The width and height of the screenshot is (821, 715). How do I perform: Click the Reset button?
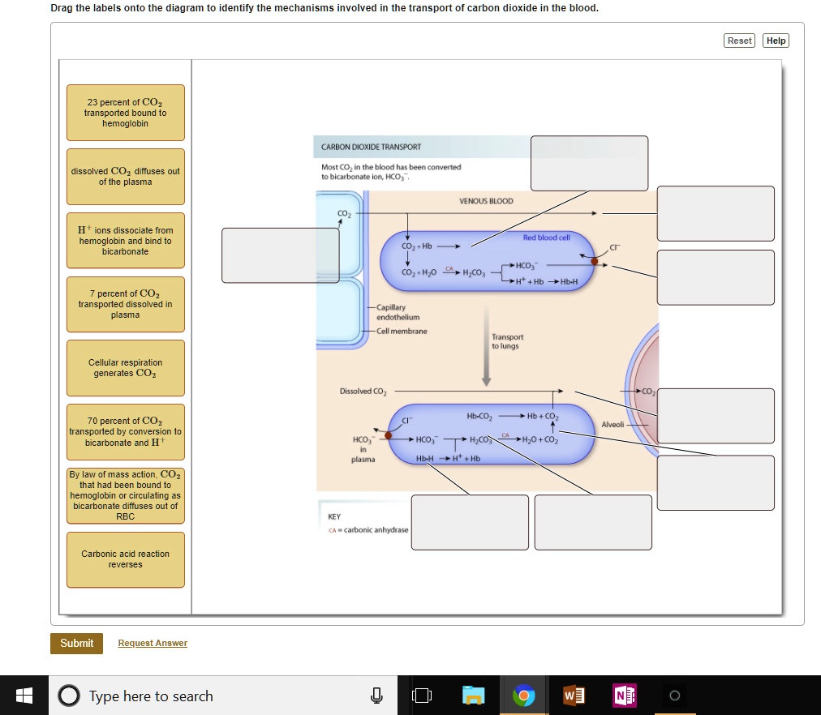point(739,41)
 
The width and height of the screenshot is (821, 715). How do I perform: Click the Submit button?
point(77,643)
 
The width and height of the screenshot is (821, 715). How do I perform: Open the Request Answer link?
point(153,643)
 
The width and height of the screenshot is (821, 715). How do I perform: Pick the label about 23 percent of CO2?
point(126,113)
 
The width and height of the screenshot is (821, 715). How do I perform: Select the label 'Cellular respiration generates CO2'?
point(126,368)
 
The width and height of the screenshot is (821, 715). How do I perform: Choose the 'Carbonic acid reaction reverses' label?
point(126,559)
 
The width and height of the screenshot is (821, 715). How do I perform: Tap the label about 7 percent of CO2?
point(126,304)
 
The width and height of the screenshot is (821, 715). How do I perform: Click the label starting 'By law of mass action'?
point(126,495)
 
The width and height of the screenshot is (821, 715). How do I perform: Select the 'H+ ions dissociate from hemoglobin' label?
point(126,241)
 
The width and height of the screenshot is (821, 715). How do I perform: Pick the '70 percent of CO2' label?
point(126,432)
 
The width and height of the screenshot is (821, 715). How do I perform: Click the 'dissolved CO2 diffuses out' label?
point(126,176)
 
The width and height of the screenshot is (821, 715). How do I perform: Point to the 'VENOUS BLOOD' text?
point(486,201)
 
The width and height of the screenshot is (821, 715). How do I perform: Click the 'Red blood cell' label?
point(546,237)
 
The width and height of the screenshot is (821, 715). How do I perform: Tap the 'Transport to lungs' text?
point(507,341)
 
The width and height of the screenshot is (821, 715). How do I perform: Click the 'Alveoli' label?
point(613,424)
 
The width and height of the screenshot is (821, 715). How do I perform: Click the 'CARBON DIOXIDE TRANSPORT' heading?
point(371,147)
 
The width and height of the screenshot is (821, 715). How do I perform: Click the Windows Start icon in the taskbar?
point(24,696)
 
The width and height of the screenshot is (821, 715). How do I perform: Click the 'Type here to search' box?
point(151,696)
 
